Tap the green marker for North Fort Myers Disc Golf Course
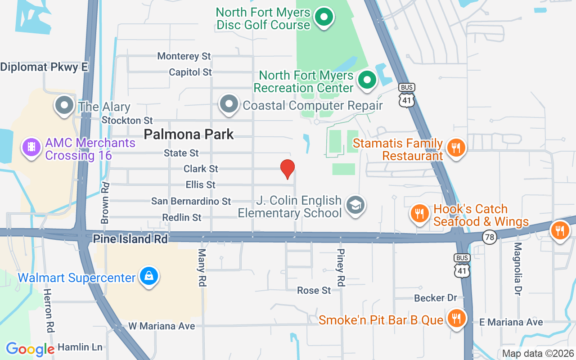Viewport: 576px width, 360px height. click(x=323, y=18)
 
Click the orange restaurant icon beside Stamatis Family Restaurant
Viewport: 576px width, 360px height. click(x=456, y=147)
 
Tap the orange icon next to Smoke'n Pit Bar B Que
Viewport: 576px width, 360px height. click(x=456, y=319)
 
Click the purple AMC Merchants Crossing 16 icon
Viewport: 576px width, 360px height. click(x=31, y=147)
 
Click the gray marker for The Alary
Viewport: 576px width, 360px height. click(x=64, y=105)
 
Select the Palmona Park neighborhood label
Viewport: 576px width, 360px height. click(x=189, y=134)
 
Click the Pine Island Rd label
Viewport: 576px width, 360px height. click(x=130, y=239)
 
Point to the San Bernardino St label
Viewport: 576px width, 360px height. click(x=191, y=201)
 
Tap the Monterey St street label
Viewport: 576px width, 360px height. click(x=184, y=56)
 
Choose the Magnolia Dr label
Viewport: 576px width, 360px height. click(x=518, y=269)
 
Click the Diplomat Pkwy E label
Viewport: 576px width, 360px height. click(x=44, y=67)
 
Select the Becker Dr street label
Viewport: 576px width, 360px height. click(x=435, y=298)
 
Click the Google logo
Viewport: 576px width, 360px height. click(x=30, y=349)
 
